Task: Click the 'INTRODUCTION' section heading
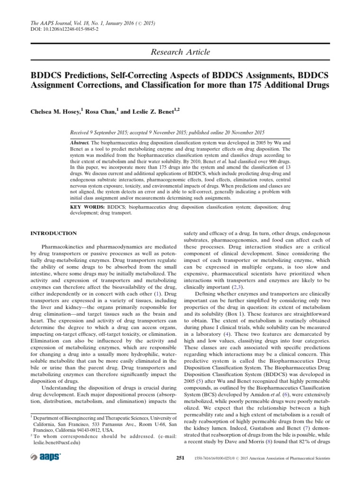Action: click(54, 234)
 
